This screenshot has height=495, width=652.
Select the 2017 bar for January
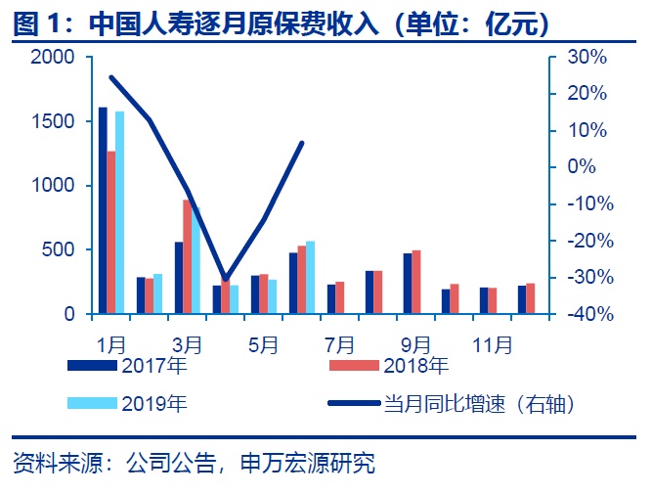pos(103,210)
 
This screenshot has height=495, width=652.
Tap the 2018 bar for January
pos(111,232)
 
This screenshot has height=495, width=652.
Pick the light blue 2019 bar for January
pos(120,212)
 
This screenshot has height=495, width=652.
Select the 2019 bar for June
pos(311,277)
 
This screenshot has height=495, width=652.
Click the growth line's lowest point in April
pos(226,279)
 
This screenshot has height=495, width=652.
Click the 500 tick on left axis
pos(61,249)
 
